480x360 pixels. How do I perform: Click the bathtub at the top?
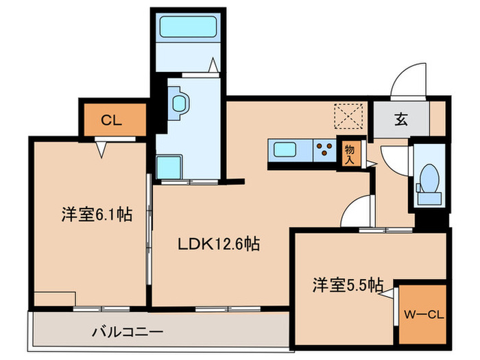(x=187, y=29)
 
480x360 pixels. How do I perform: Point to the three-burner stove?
(x=325, y=149)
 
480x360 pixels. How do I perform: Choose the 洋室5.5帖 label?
(x=339, y=284)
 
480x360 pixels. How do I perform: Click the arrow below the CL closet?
(x=103, y=148)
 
